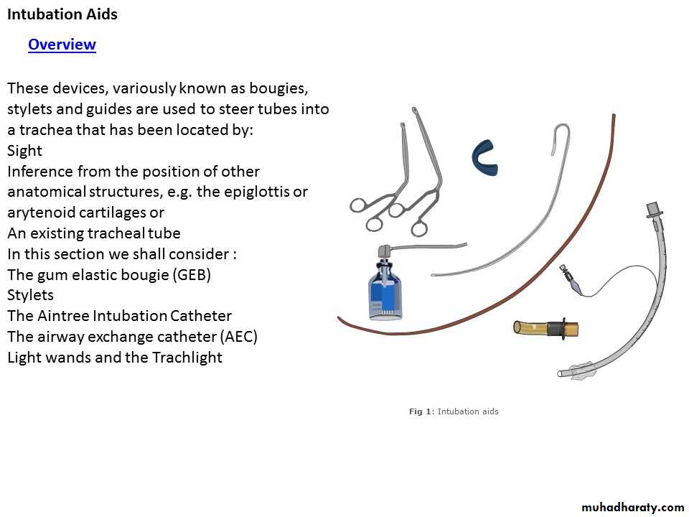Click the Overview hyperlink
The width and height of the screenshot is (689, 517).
coord(62,45)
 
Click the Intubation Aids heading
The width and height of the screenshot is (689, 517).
coord(62,14)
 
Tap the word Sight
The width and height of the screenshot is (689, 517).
coord(24,151)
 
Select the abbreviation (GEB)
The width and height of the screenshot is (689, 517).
coord(192,275)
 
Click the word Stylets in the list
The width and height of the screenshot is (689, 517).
coord(30,295)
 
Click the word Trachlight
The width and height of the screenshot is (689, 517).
coord(187,358)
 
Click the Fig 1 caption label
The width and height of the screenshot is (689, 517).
coord(454,411)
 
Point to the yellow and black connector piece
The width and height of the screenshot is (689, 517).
coord(546,328)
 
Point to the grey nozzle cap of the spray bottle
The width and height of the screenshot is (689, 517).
coord(384,251)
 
